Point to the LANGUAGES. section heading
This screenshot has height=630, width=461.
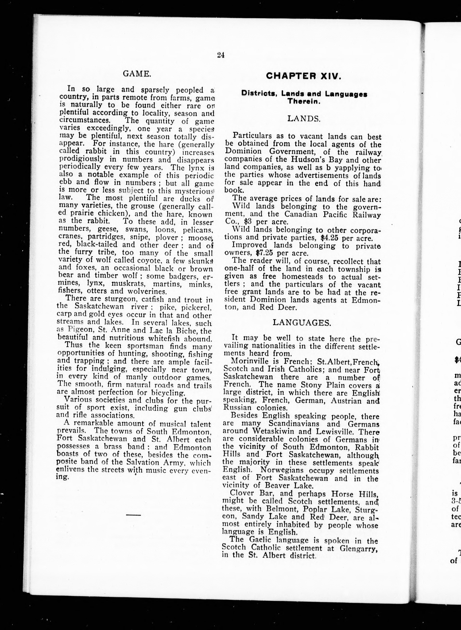302,323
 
